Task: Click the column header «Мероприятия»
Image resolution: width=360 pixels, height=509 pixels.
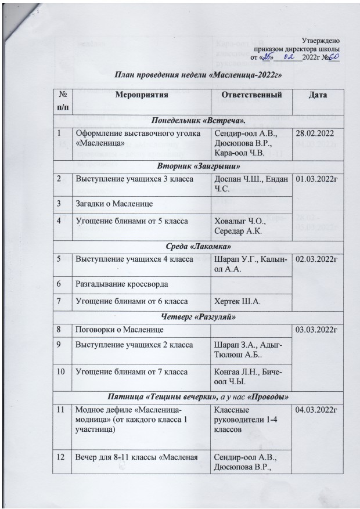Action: (x=137, y=94)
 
